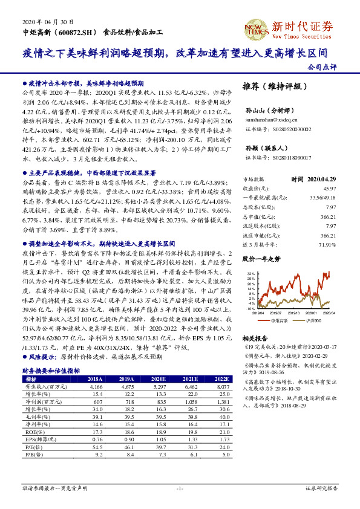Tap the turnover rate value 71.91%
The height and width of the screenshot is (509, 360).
click(x=327, y=245)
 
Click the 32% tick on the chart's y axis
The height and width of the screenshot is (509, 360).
click(x=250, y=273)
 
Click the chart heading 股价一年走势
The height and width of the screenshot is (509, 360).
click(x=261, y=259)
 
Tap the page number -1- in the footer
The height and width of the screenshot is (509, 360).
click(x=180, y=487)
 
